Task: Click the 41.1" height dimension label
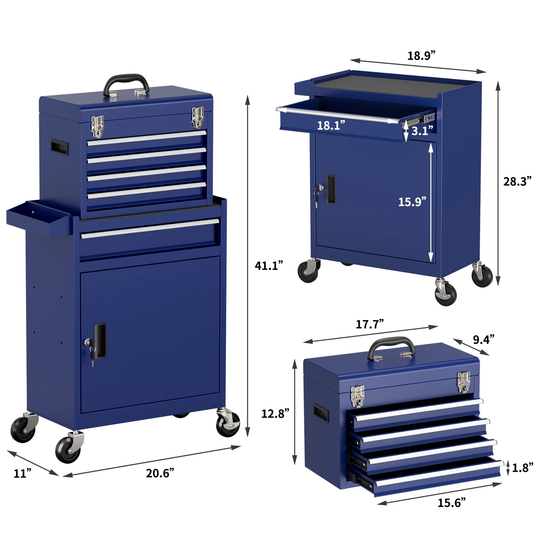(x=269, y=266)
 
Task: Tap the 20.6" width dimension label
(x=160, y=473)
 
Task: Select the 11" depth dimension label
(x=23, y=473)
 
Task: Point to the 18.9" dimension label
(x=421, y=56)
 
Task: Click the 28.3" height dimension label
(x=517, y=181)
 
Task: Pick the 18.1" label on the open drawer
(x=331, y=125)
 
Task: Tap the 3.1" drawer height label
(x=422, y=131)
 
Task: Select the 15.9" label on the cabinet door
(x=412, y=202)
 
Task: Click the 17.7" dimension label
(x=370, y=324)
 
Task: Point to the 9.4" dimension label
(x=484, y=340)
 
